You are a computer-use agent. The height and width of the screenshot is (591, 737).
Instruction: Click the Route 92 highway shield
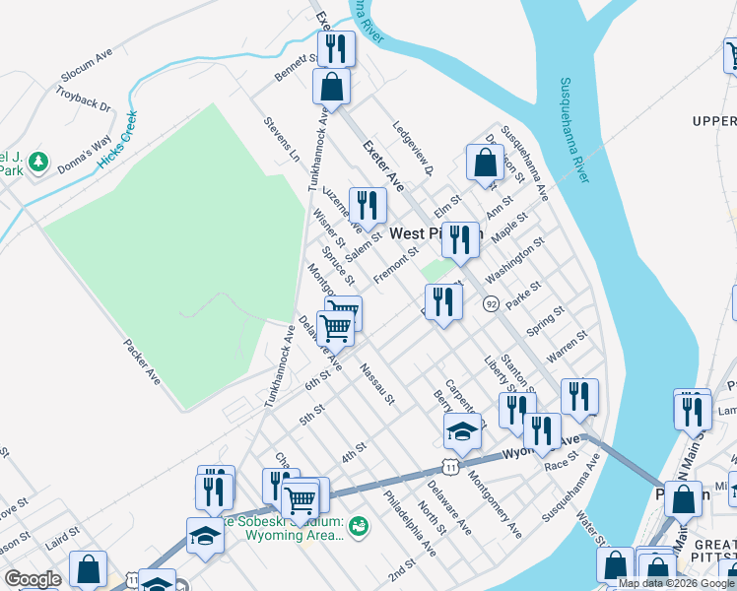click(x=490, y=304)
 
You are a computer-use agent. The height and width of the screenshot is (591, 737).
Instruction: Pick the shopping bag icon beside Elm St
click(x=485, y=163)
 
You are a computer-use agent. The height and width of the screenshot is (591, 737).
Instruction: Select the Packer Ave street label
click(x=142, y=361)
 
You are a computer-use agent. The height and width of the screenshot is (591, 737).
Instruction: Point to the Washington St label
click(x=514, y=259)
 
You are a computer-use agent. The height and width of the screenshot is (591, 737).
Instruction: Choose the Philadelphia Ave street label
click(x=410, y=523)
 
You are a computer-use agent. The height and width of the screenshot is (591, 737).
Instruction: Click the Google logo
click(x=33, y=579)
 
